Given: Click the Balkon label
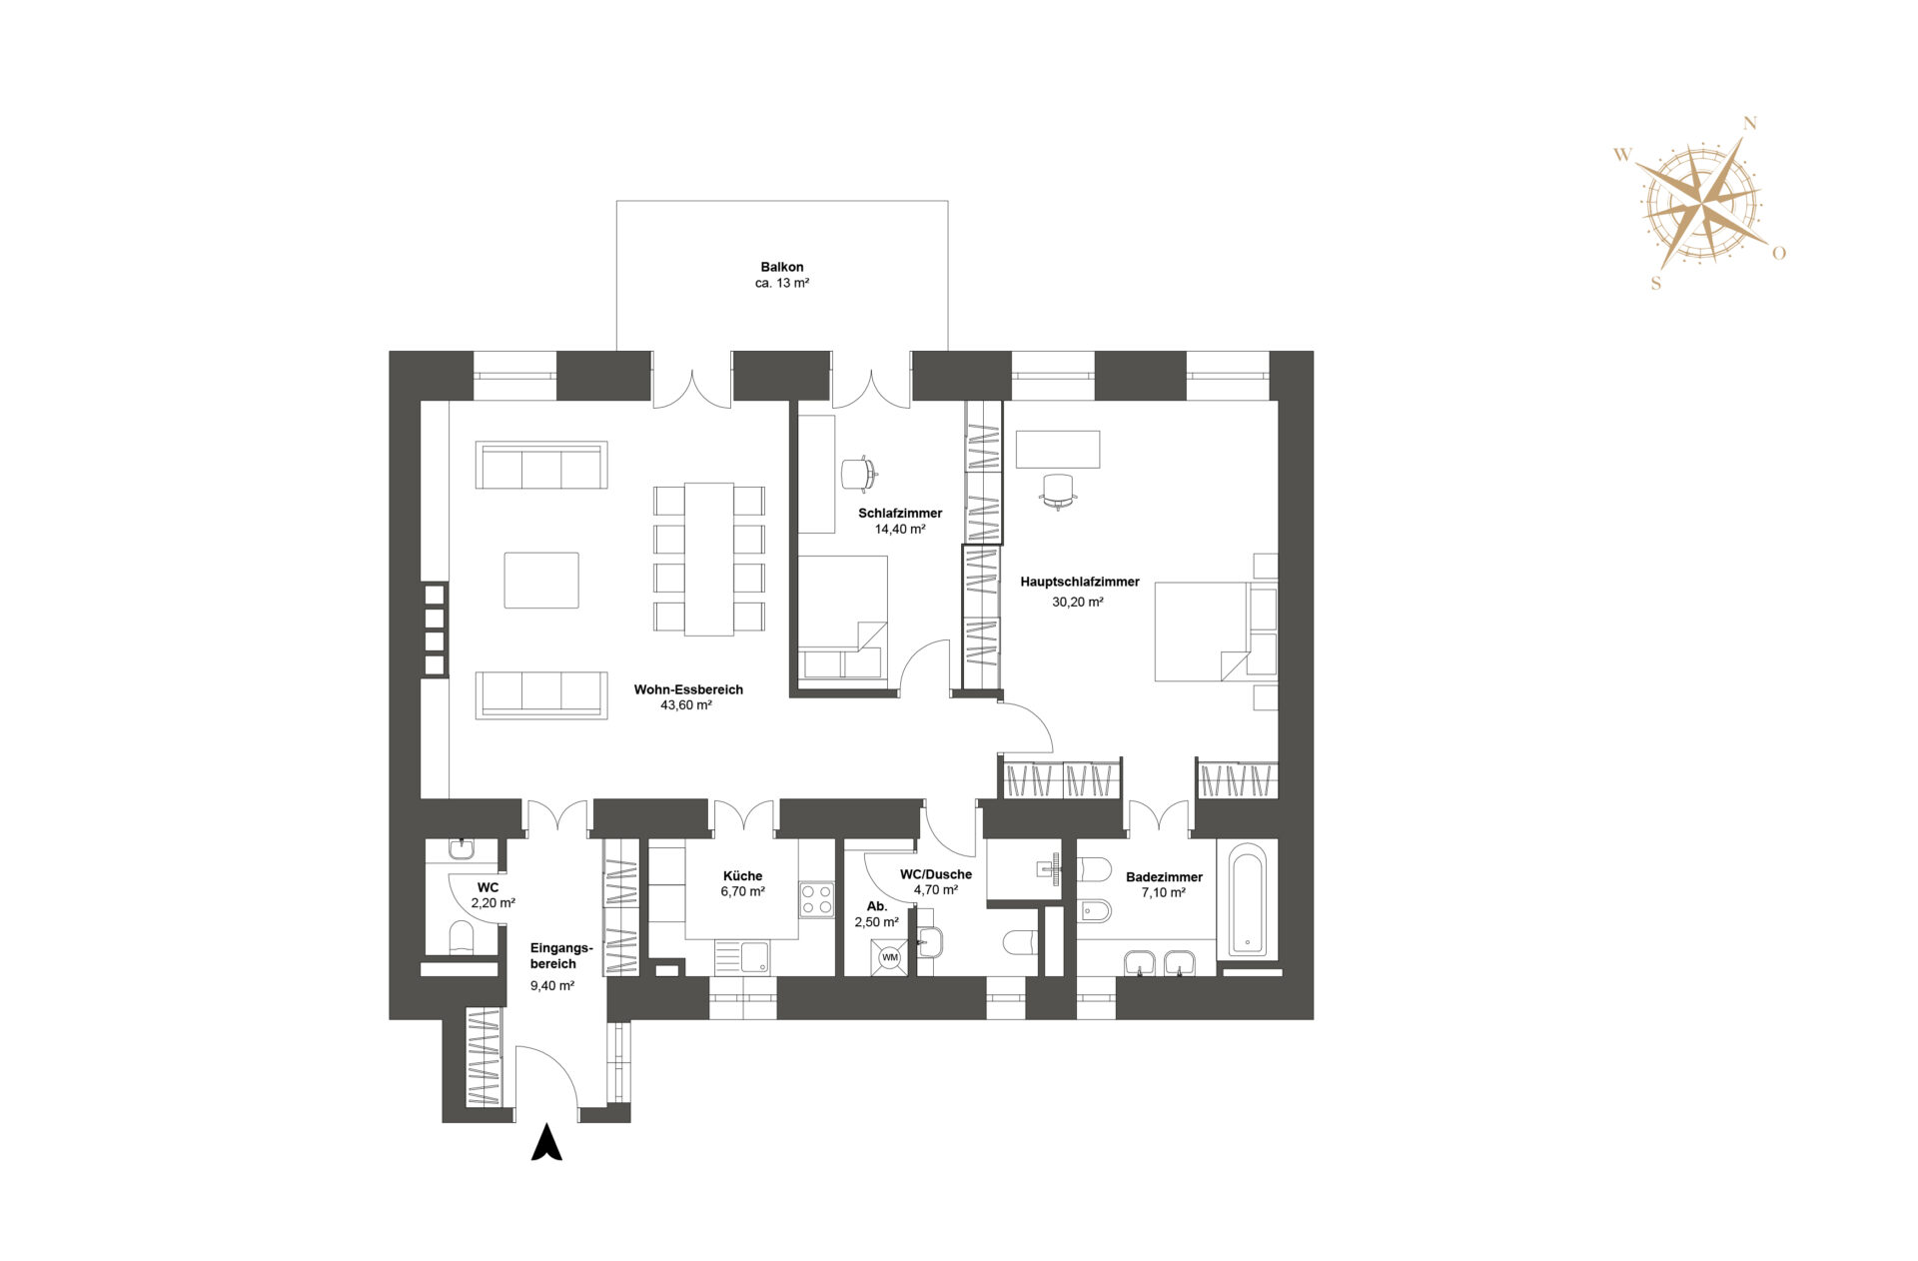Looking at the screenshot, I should coord(781,267).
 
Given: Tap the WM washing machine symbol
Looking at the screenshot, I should coord(889,957).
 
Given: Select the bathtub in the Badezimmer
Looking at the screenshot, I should coord(1247,899).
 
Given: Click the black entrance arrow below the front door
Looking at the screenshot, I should coord(546,1143).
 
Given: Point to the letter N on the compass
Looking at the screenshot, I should coord(1749,124).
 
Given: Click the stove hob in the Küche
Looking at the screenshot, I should coord(816,899).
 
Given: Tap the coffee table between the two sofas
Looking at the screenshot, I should coord(540,580).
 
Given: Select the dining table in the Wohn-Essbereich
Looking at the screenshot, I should coord(708,559).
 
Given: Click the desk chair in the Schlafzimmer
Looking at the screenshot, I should coord(858,473).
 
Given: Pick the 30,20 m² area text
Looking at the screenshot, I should coord(1077,603).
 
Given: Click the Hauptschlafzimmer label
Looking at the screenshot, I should coord(1079,582).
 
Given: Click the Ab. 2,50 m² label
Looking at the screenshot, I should coord(876,914).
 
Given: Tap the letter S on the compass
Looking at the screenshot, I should coord(1655,283).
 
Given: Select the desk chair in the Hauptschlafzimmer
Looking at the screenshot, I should coord(1057,490).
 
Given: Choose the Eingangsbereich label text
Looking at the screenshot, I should coord(560,956).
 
